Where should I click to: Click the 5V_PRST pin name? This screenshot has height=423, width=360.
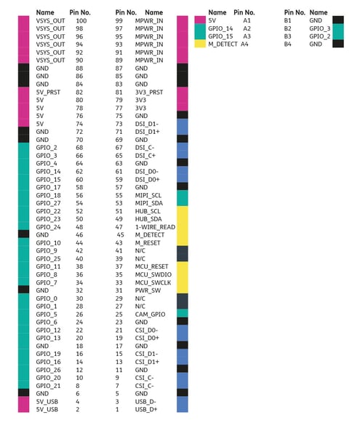pos(48,92)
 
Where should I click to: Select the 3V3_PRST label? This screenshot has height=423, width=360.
pos(149,92)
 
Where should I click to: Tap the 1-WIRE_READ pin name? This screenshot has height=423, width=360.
pos(155,227)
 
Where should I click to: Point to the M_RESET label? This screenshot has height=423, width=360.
pos(148,243)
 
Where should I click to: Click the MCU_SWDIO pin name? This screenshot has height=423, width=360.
pos(153,274)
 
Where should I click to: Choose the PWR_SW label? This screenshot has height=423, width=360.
pos(148,290)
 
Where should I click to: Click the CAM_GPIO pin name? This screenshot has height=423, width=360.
pos(150,315)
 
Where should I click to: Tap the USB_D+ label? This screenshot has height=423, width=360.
pos(146,409)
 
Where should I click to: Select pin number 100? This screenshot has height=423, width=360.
pos(81,21)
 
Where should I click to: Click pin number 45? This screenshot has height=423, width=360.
pos(120,235)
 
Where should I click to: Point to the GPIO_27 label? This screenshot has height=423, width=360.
pos(48,203)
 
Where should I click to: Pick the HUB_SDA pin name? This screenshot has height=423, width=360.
pos(148,219)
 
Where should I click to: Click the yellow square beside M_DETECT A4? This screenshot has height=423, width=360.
pos(200,44)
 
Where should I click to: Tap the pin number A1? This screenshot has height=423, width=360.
pos(247,20)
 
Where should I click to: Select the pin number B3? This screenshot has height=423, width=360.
pos(287,36)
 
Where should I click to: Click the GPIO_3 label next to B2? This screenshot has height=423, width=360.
pos(320,28)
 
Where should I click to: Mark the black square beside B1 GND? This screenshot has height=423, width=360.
pos(338,20)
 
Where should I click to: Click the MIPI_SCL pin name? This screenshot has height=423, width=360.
pos(148,195)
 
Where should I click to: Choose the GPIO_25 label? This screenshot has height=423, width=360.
pos(48,258)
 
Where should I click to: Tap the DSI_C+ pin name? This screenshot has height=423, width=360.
pos(145,156)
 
